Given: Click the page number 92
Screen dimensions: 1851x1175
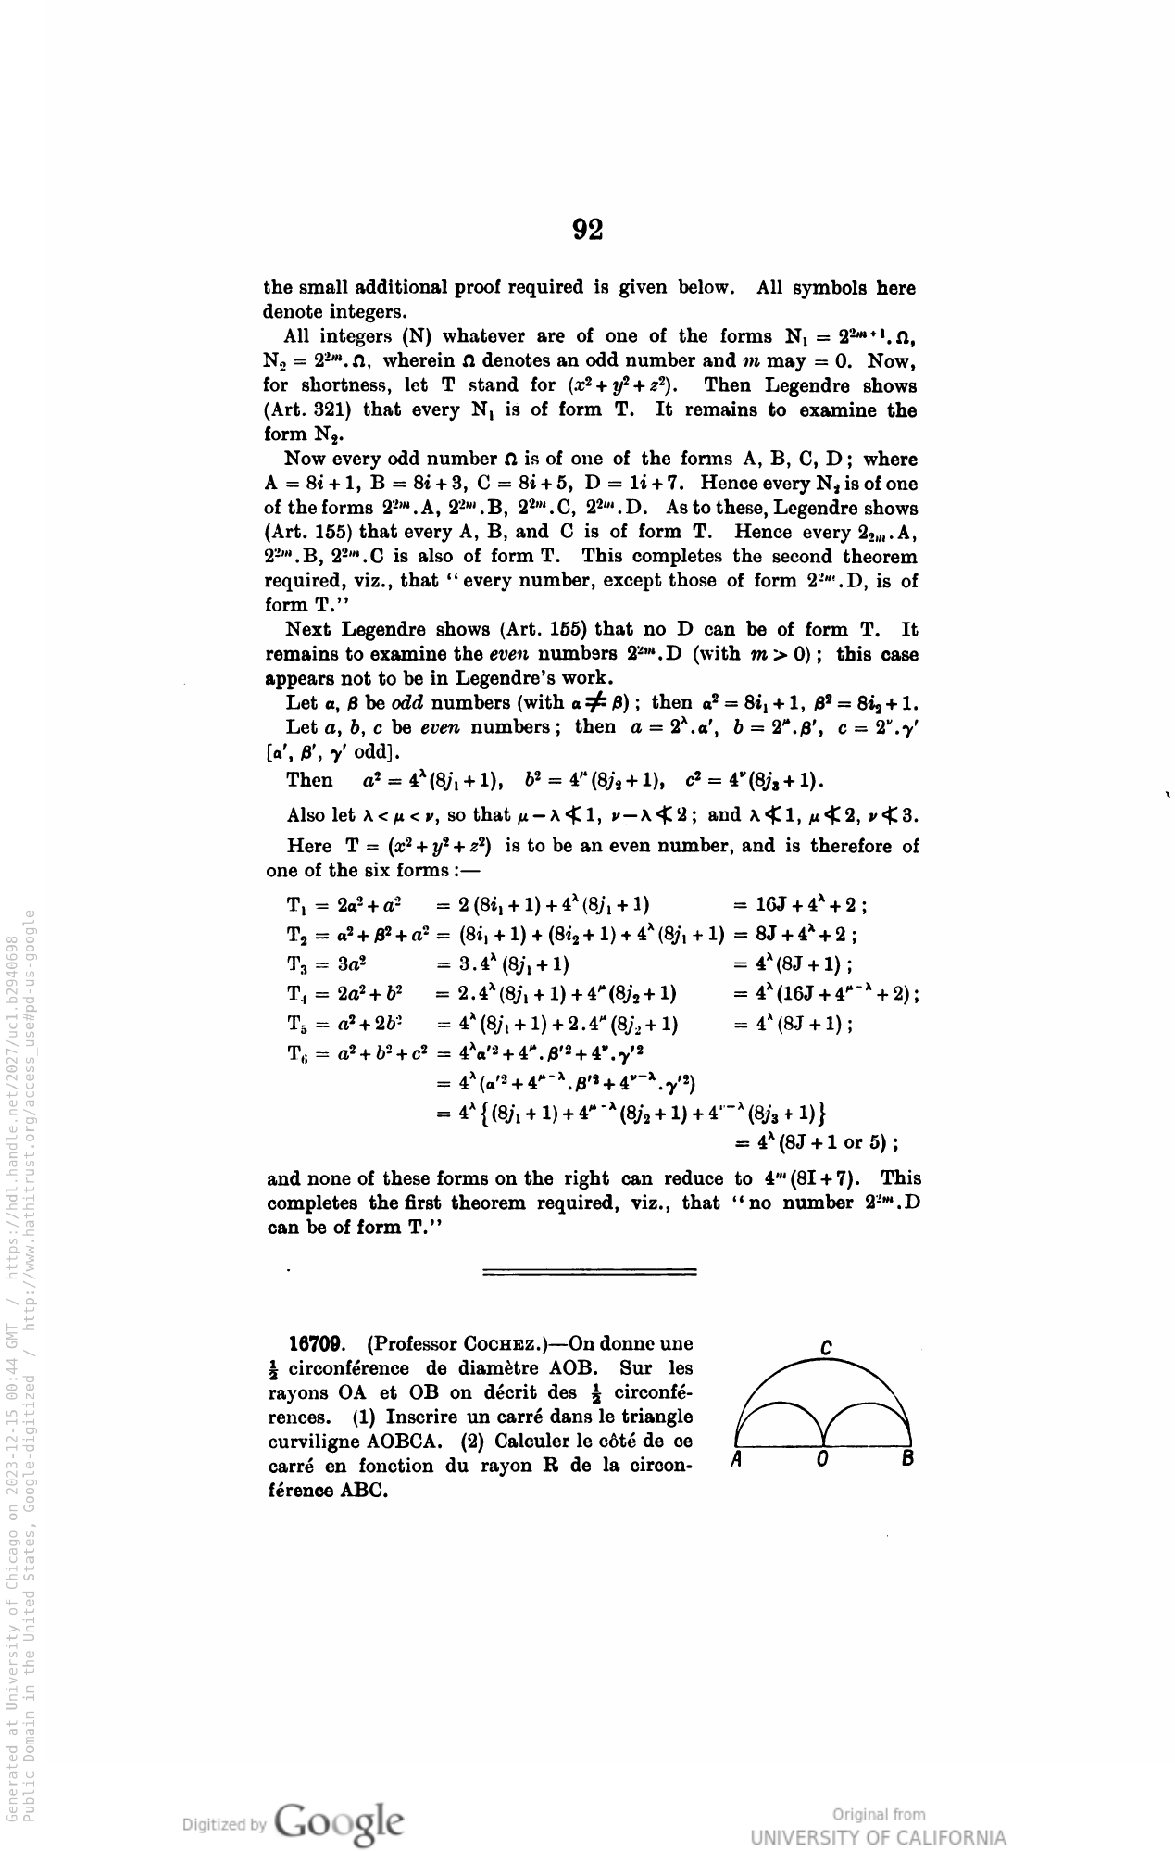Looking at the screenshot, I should click(588, 230).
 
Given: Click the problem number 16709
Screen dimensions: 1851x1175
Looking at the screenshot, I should click(318, 1343).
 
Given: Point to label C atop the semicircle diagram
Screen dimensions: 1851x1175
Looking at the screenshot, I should click(824, 1347).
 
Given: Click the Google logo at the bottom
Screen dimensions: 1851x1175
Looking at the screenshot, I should click(339, 1820).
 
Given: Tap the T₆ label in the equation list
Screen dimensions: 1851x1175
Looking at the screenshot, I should click(297, 1053).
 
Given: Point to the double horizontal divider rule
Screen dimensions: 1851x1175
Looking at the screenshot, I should click(590, 1272).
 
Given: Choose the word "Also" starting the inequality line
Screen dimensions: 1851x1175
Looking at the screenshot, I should click(306, 815).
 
